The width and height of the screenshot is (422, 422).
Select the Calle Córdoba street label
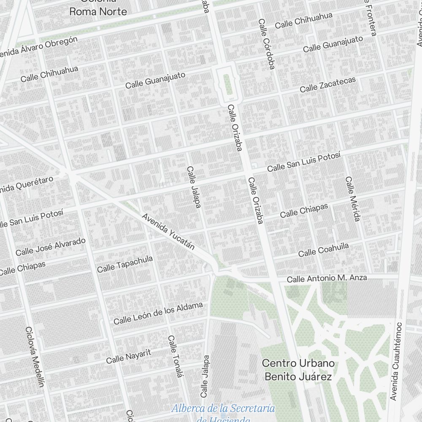[266, 43]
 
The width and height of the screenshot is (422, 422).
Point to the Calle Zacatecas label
[328, 84]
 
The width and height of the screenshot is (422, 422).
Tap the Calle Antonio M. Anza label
[327, 279]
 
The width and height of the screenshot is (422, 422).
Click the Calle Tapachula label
[125, 264]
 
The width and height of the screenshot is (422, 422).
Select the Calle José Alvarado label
[51, 246]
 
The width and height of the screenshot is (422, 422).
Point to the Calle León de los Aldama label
[158, 313]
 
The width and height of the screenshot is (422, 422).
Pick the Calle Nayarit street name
[128, 356]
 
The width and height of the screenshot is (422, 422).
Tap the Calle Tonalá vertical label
[176, 362]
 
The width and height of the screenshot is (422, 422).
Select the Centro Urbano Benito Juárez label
[298, 370]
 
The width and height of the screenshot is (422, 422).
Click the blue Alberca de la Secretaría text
[223, 408]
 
